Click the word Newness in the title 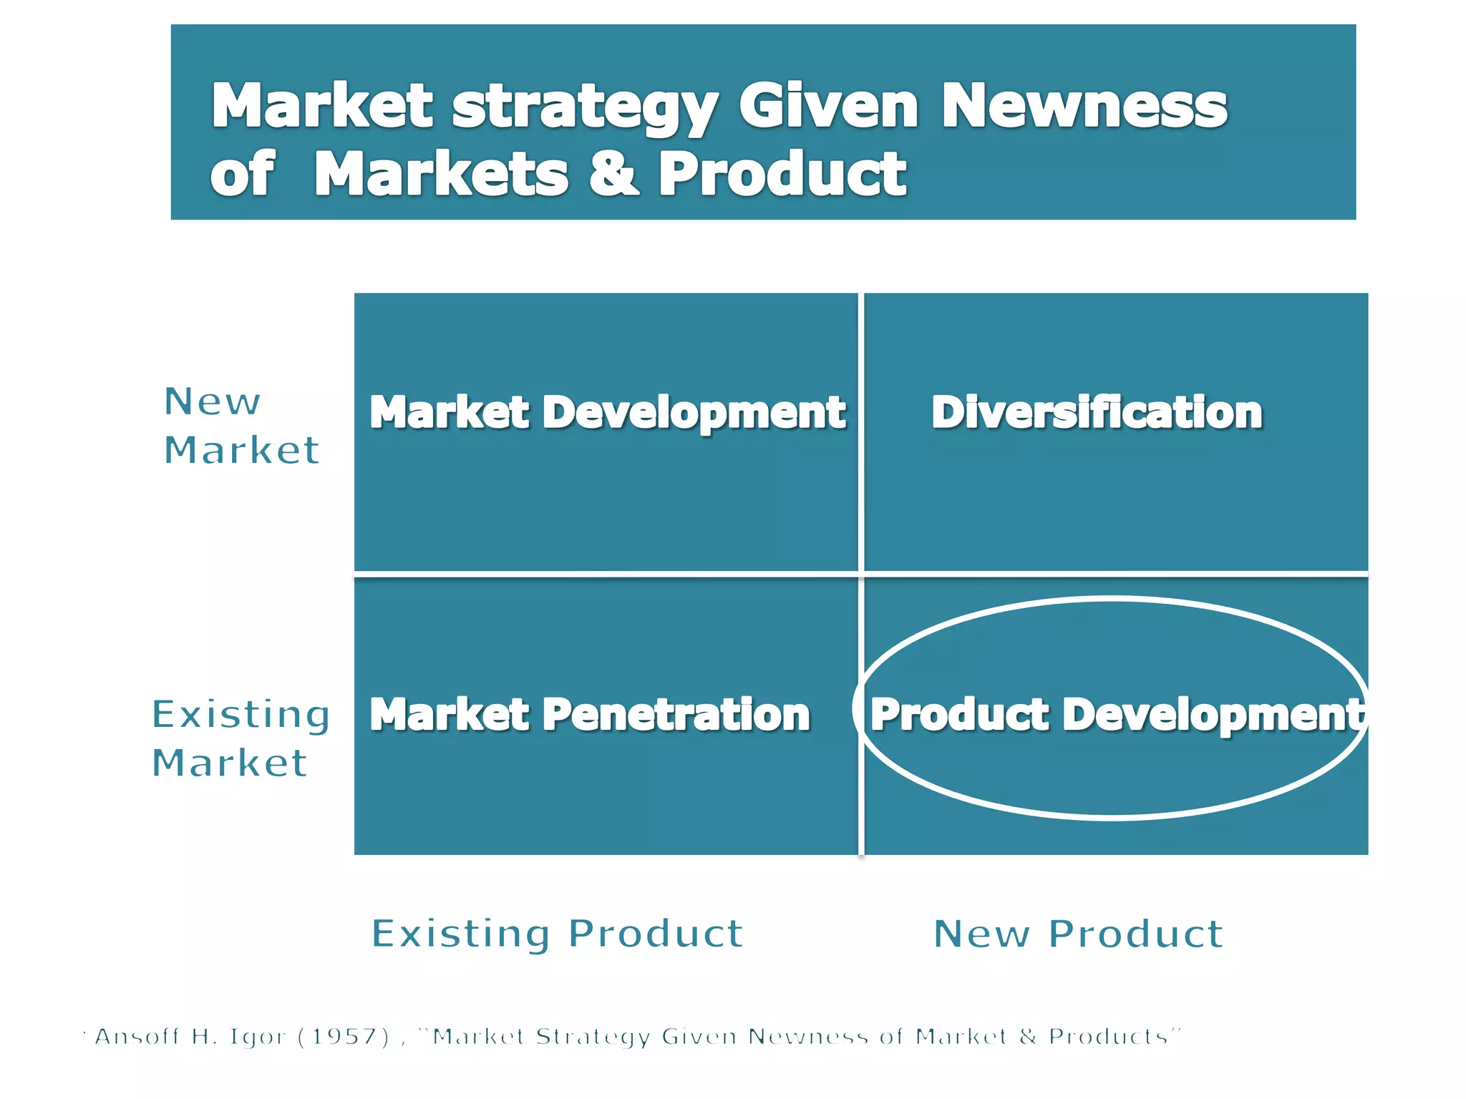click(1084, 106)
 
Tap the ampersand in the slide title click(613, 174)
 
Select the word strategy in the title click(585, 107)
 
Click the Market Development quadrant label click(607, 413)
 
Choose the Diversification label click(1097, 413)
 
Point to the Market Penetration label click(590, 715)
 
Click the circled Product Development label click(1117, 715)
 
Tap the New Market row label click(241, 426)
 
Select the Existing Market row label click(241, 738)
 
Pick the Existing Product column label click(557, 934)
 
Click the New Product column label click(1078, 934)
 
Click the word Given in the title click(828, 106)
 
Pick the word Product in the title click(782, 174)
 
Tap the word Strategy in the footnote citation click(593, 1037)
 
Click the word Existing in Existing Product click(461, 934)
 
